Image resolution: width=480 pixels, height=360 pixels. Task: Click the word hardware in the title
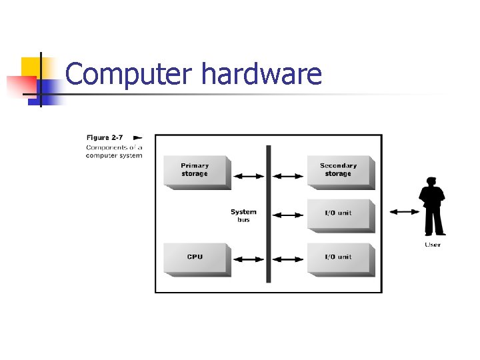261,74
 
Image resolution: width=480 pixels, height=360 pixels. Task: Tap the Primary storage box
195,171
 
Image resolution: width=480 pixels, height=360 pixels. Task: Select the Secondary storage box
339,170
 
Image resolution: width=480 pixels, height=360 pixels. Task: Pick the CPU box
195,257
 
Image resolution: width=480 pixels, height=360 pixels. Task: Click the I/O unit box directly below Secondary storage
339,213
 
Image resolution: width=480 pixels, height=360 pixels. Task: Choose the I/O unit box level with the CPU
339,257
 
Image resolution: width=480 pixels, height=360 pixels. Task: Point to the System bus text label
243,215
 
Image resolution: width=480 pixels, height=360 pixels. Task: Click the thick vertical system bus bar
269,213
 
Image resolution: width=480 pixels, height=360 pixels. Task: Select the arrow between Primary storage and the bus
249,176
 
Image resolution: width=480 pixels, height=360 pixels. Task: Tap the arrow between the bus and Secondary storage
289,176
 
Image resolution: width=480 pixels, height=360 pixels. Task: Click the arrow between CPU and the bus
249,259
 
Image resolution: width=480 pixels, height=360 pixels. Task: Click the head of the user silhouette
431,182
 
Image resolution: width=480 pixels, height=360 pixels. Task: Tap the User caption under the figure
433,245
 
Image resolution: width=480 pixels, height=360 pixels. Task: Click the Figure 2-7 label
105,137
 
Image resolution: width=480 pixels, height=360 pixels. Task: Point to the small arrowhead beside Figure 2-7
137,137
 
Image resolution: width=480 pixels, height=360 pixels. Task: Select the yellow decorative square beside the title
31,67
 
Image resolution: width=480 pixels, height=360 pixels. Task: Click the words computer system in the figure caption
113,155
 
